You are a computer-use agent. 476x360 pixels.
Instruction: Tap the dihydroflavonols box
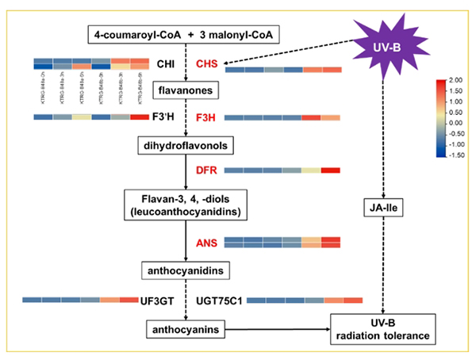(x=184, y=147)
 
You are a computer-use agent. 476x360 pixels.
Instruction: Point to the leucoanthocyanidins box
(x=184, y=205)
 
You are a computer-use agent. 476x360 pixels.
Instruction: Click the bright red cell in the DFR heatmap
(x=331, y=170)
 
